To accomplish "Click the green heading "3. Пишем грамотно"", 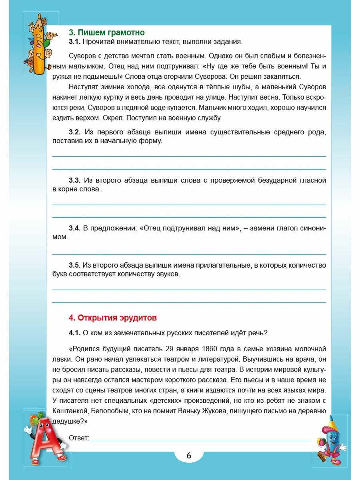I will click(107, 32).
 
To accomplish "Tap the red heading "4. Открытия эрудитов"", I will click(113, 318).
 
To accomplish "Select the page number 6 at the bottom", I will click(189, 455).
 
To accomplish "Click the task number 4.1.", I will click(75, 333).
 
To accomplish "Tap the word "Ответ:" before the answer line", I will click(79, 438).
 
